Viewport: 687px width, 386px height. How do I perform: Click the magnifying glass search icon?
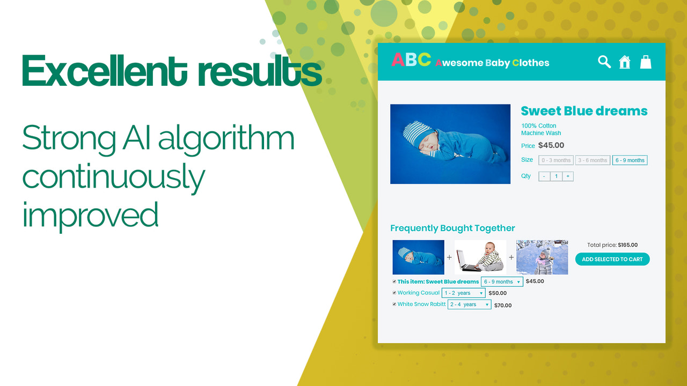pyautogui.click(x=604, y=62)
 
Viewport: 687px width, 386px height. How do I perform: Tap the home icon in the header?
pyautogui.click(x=625, y=62)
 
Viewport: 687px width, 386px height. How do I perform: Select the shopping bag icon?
pyautogui.click(x=646, y=62)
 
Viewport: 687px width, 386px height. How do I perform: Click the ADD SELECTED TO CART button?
pyautogui.click(x=612, y=259)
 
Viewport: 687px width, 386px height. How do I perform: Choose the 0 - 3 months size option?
pyautogui.click(x=556, y=160)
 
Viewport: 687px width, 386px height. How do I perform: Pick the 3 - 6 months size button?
pyautogui.click(x=593, y=160)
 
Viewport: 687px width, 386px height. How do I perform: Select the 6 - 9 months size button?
pyautogui.click(x=630, y=160)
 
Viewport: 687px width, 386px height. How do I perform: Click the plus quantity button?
pyautogui.click(x=568, y=176)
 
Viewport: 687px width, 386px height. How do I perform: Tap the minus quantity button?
pyautogui.click(x=544, y=176)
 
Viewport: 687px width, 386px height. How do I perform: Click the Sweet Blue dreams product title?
pyautogui.click(x=584, y=112)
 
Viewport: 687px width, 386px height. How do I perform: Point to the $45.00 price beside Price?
pyautogui.click(x=551, y=145)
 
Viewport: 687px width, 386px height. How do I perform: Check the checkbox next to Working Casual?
pyautogui.click(x=394, y=293)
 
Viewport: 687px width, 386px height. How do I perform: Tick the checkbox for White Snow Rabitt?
pyautogui.click(x=394, y=304)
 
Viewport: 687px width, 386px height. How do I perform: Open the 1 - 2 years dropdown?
pyautogui.click(x=463, y=293)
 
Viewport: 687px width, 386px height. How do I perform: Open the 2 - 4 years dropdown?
pyautogui.click(x=469, y=305)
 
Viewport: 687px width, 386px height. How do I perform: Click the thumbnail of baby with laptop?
pyautogui.click(x=480, y=257)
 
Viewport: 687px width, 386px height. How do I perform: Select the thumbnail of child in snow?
pyautogui.click(x=542, y=257)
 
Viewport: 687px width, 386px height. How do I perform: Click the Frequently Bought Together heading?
pyautogui.click(x=452, y=228)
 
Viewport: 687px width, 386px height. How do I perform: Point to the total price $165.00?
pyautogui.click(x=627, y=245)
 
